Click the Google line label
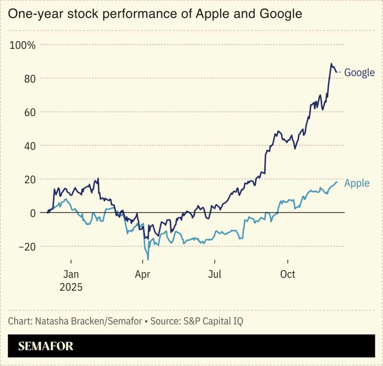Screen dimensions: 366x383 click(359, 73)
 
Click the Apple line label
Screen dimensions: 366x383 click(357, 183)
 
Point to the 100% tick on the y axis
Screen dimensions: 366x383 click(23, 45)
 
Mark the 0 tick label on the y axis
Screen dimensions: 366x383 click(33, 213)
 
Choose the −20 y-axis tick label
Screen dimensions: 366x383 click(26, 246)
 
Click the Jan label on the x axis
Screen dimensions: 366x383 click(71, 275)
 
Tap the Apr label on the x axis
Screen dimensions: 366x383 click(143, 275)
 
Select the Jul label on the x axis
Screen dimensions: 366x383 click(215, 275)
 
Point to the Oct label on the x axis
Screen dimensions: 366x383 click(287, 275)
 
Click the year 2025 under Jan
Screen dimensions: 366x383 click(71, 288)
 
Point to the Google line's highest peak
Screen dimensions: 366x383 click(331, 64)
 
